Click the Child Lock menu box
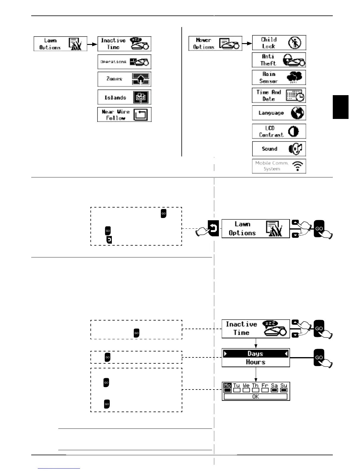[279, 43]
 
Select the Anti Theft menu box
[279, 60]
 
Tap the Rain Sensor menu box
[279, 78]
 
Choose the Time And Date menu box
[279, 95]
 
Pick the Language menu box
[279, 113]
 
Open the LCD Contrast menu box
[279, 131]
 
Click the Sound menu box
[279, 149]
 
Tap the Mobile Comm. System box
[279, 166]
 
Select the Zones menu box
[124, 79]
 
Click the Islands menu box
[124, 97]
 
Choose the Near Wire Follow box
[124, 114]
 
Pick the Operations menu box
[124, 62]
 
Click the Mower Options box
[215, 43]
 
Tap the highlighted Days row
[256, 354]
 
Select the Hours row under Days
[256, 362]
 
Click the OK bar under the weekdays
[256, 397]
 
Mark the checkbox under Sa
[274, 390]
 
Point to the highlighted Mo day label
[227, 385]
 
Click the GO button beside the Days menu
[319, 357]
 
